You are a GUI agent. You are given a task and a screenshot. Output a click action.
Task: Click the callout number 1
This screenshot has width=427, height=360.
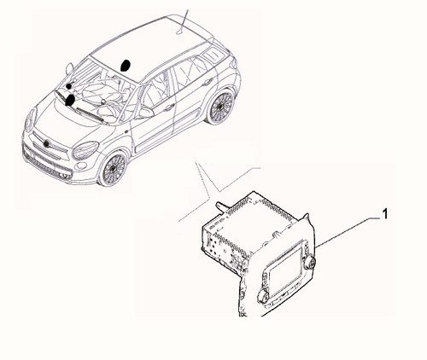point(384,214)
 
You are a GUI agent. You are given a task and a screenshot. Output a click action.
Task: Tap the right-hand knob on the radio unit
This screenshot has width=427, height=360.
point(309,263)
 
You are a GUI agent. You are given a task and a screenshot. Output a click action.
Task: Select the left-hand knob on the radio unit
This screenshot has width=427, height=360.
point(263,296)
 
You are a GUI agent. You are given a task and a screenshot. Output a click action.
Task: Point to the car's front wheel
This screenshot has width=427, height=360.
point(114,168)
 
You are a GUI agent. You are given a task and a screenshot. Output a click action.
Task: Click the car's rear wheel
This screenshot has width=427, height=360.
point(220,107)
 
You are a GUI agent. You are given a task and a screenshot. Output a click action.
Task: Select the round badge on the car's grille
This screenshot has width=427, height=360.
point(46,143)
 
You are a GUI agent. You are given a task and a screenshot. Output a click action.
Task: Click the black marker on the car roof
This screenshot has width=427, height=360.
point(126,66)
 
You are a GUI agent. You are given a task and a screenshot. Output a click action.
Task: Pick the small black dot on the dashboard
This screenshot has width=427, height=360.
point(69,86)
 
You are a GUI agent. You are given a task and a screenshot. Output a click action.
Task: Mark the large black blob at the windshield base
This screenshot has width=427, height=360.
point(70,101)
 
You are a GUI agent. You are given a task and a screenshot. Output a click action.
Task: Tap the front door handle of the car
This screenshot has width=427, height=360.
point(169,107)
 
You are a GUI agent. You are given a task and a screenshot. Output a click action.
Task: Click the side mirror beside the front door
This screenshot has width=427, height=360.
point(145,113)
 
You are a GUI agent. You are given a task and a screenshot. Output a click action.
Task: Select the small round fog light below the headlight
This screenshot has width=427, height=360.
point(82,165)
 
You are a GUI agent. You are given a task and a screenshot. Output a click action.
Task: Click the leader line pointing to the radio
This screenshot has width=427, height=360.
point(348,232)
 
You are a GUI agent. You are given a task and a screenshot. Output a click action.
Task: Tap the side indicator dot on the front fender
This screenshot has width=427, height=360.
point(126,131)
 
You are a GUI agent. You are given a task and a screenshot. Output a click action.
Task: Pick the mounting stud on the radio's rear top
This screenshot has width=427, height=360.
point(221,206)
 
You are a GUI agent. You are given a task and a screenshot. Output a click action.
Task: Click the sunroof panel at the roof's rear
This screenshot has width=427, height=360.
point(213,55)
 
